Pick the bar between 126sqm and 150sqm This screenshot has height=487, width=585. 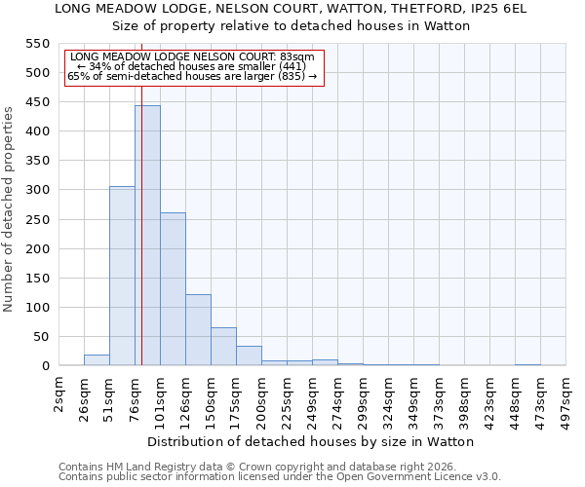[198, 330]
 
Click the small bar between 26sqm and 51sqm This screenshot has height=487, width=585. [97, 360]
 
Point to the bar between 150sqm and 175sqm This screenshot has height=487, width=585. [223, 347]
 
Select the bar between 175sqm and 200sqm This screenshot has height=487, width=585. [249, 356]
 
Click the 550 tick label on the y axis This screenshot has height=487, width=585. [36, 44]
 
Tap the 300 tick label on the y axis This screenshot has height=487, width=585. [36, 190]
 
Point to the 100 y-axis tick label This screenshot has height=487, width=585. [36, 308]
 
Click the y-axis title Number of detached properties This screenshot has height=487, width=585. [10, 209]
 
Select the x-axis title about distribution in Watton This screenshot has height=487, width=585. [312, 441]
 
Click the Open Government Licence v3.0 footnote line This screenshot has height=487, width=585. [280, 476]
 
